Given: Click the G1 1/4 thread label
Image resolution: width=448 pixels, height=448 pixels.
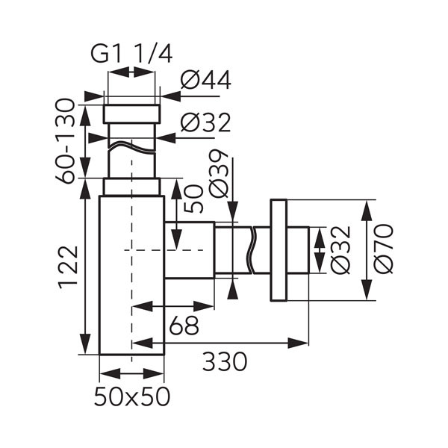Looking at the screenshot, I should (131, 54).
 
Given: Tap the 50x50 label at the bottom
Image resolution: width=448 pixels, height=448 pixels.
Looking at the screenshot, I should (132, 396).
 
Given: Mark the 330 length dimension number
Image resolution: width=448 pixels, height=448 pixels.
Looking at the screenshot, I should (223, 362).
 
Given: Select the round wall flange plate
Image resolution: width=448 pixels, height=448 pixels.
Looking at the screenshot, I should (279, 251).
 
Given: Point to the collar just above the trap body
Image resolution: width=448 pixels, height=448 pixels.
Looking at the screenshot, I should (131, 187).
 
